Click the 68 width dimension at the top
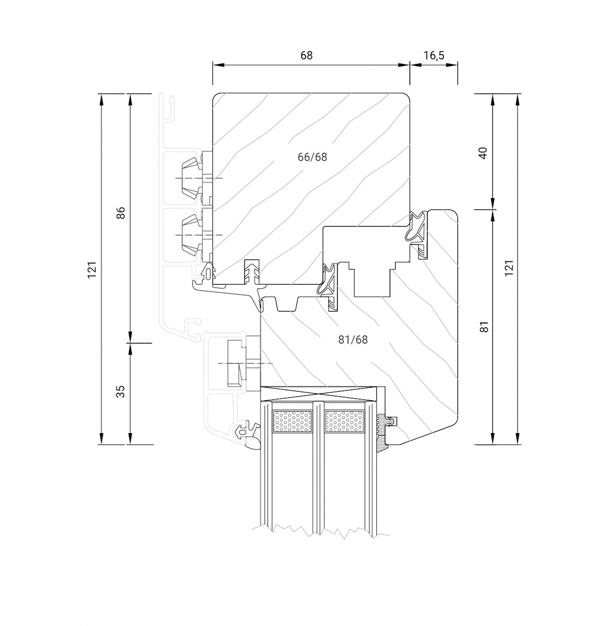(x=307, y=55)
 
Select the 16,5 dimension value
(x=433, y=55)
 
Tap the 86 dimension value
(x=120, y=213)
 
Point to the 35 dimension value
(x=120, y=391)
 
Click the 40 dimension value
(x=483, y=152)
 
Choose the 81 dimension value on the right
(x=484, y=327)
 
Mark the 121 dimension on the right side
(x=509, y=268)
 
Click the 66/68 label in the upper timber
(x=312, y=157)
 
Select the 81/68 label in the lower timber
(x=352, y=340)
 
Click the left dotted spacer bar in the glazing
(x=292, y=421)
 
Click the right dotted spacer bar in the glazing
(x=344, y=421)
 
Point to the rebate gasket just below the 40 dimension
(x=419, y=230)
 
